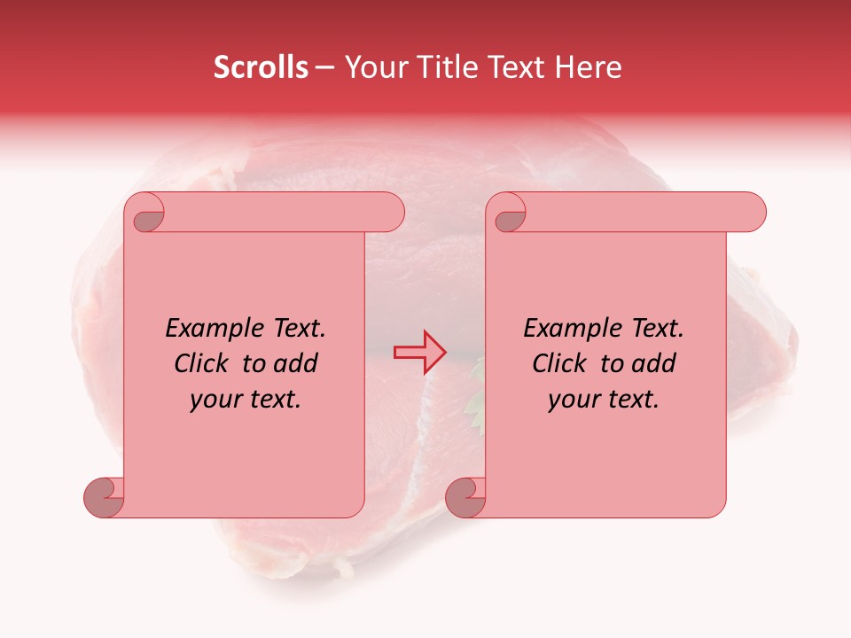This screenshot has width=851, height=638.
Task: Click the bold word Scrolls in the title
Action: (x=261, y=67)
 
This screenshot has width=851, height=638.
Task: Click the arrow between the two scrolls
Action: (x=420, y=352)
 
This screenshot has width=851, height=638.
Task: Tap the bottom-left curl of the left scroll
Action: (x=105, y=496)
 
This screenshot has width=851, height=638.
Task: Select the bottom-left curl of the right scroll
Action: (x=465, y=496)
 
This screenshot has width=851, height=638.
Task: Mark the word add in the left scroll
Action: (x=295, y=363)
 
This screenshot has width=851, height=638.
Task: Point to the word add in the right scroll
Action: (x=653, y=363)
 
